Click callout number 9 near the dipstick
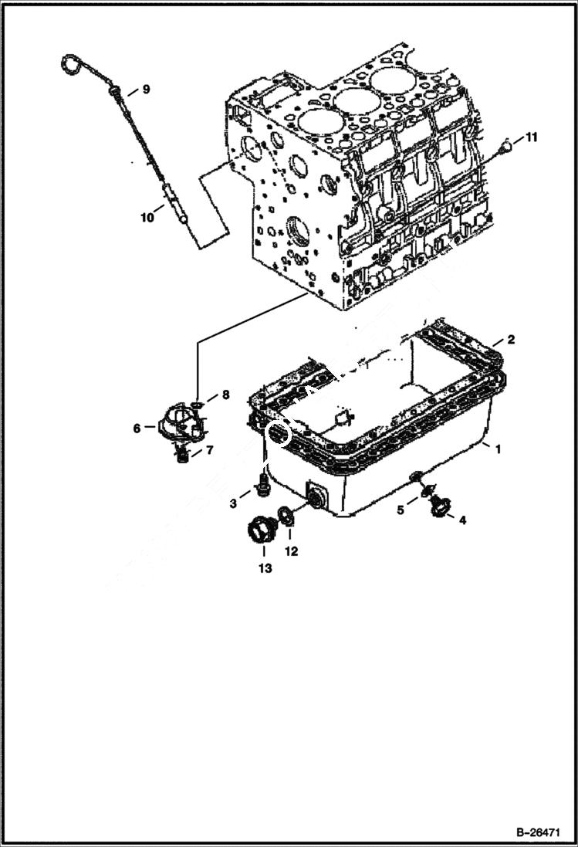tap(147, 90)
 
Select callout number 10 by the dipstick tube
tap(147, 219)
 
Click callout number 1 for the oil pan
tap(499, 449)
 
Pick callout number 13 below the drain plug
tap(264, 569)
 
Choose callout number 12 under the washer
tap(290, 551)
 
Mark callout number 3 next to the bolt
tap(233, 504)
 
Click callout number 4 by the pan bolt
tap(462, 520)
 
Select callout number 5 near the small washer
tap(401, 510)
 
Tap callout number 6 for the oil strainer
tap(137, 427)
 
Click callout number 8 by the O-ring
tap(225, 395)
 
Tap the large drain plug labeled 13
tap(262, 531)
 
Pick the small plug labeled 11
tap(506, 144)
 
